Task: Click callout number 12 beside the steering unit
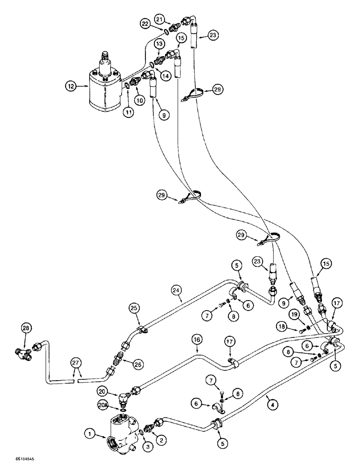(70, 86)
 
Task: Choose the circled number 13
(160, 43)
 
